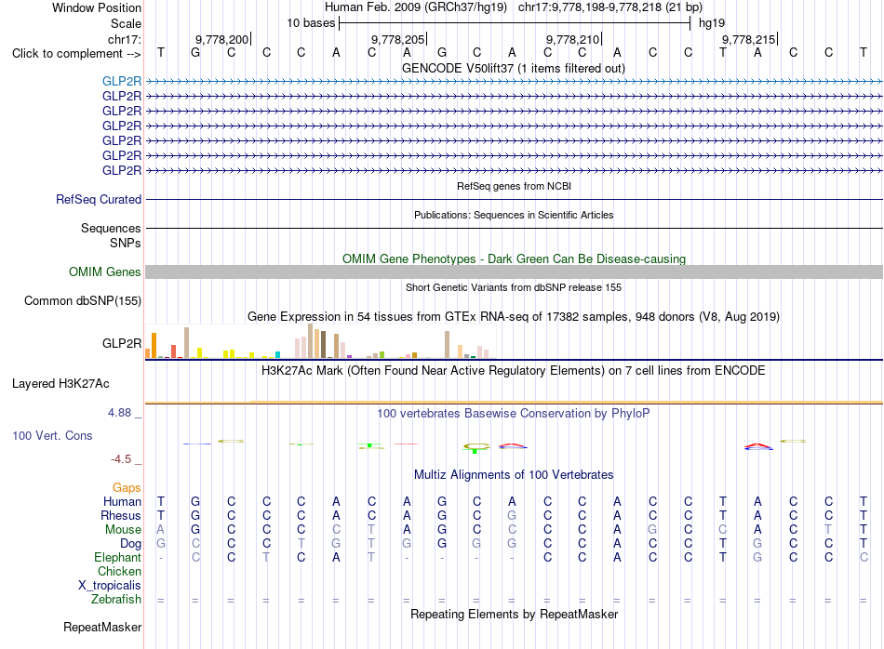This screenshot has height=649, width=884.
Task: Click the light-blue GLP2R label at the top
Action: [122, 81]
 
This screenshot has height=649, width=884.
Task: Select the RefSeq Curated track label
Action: [99, 199]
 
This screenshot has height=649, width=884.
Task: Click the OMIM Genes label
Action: [105, 272]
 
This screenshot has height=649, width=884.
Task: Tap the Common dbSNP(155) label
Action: [83, 301]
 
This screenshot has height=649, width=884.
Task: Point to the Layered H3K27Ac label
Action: [60, 384]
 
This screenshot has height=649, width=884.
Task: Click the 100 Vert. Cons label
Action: [52, 435]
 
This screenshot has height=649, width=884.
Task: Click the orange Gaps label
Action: [127, 488]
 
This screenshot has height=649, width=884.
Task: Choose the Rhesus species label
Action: [121, 515]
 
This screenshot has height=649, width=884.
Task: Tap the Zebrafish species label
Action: [116, 600]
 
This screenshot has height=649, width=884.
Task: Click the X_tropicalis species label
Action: [110, 586]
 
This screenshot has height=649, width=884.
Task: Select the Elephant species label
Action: [118, 558]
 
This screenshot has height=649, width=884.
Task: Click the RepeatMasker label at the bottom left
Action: [102, 627]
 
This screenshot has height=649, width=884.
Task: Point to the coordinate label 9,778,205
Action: [397, 39]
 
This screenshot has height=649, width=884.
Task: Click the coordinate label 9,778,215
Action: [749, 39]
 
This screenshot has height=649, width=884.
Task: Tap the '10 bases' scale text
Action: [311, 23]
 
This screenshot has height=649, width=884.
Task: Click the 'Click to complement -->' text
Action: [76, 54]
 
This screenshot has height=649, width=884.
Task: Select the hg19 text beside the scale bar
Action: [712, 23]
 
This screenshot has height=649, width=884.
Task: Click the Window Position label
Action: [97, 7]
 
